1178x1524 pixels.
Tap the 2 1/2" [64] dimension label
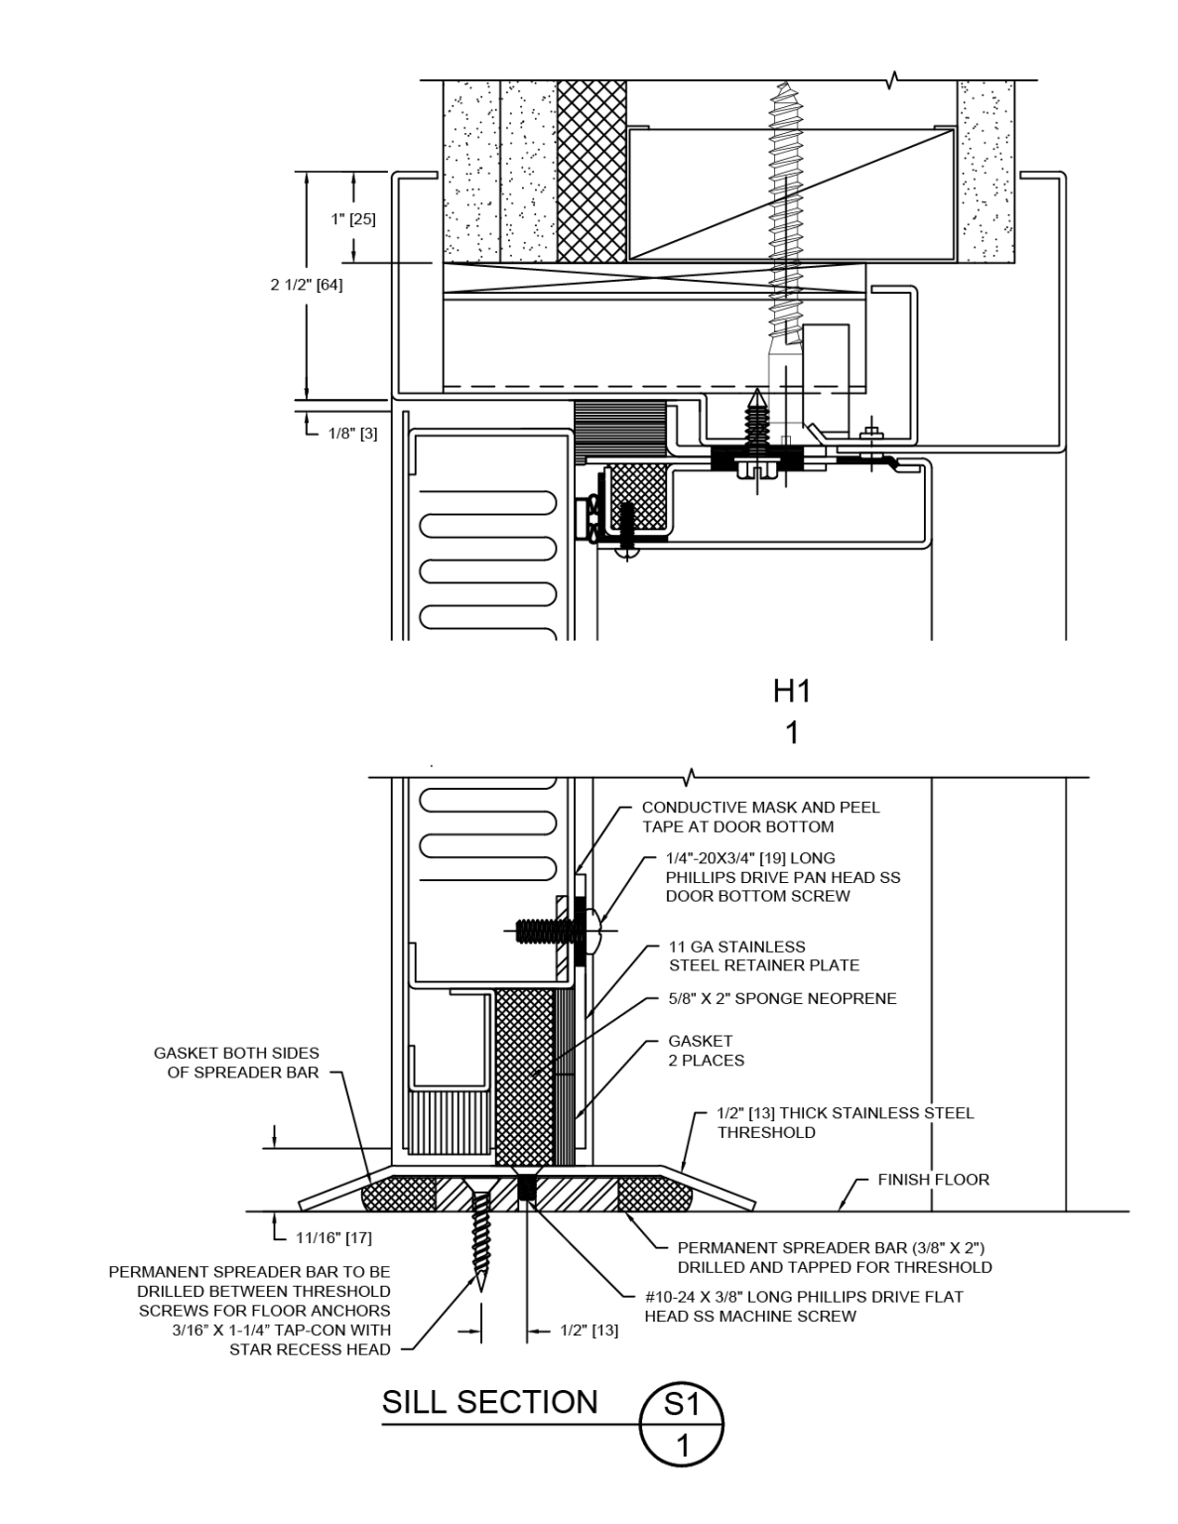click(307, 285)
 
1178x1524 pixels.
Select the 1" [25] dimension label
click(353, 218)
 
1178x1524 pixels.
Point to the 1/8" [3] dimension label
click(352, 434)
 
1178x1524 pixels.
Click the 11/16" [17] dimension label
click(333, 1237)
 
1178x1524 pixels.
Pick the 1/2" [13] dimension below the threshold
click(589, 1331)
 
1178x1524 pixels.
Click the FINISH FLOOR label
click(933, 1180)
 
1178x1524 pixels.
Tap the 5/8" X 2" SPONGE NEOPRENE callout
click(782, 998)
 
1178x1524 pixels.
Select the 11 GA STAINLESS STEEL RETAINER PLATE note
click(763, 955)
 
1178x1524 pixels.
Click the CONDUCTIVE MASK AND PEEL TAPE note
click(760, 817)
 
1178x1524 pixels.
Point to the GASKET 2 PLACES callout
click(706, 1051)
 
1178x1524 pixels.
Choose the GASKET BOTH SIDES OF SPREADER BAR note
click(236, 1063)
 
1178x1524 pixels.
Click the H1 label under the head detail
click(792, 693)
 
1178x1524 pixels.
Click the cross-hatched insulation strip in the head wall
click(591, 171)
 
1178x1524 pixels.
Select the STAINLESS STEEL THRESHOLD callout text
click(845, 1122)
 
